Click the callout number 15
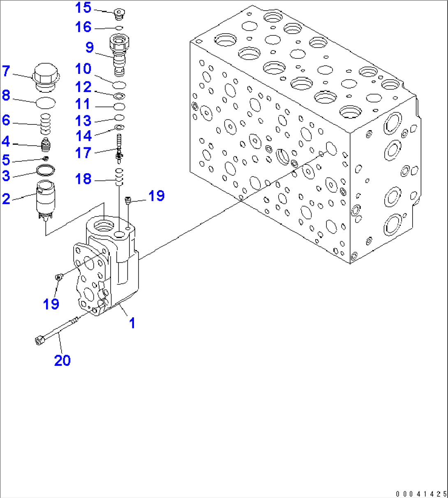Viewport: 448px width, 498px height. tap(83, 8)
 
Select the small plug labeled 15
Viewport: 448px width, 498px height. tap(120, 14)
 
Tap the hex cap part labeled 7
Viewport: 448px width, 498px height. tap(46, 78)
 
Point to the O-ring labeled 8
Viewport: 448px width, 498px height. tap(46, 103)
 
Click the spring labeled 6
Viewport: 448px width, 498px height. tap(46, 124)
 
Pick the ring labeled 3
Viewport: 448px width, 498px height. tap(46, 170)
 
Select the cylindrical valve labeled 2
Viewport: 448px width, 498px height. tap(46, 200)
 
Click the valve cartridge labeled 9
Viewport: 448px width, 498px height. tap(119, 55)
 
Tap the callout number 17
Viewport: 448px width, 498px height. tap(83, 153)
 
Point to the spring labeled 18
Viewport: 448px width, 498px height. tap(119, 177)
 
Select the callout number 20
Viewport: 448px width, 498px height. tap(62, 360)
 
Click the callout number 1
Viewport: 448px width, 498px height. tap(132, 323)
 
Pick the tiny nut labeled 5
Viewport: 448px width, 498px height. tap(46, 158)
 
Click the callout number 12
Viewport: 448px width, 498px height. tap(83, 87)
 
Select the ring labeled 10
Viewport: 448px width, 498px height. tap(119, 85)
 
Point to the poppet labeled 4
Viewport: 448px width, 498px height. tap(46, 145)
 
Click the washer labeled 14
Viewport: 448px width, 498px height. tap(119, 127)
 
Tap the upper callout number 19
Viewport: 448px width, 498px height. tap(157, 196)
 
